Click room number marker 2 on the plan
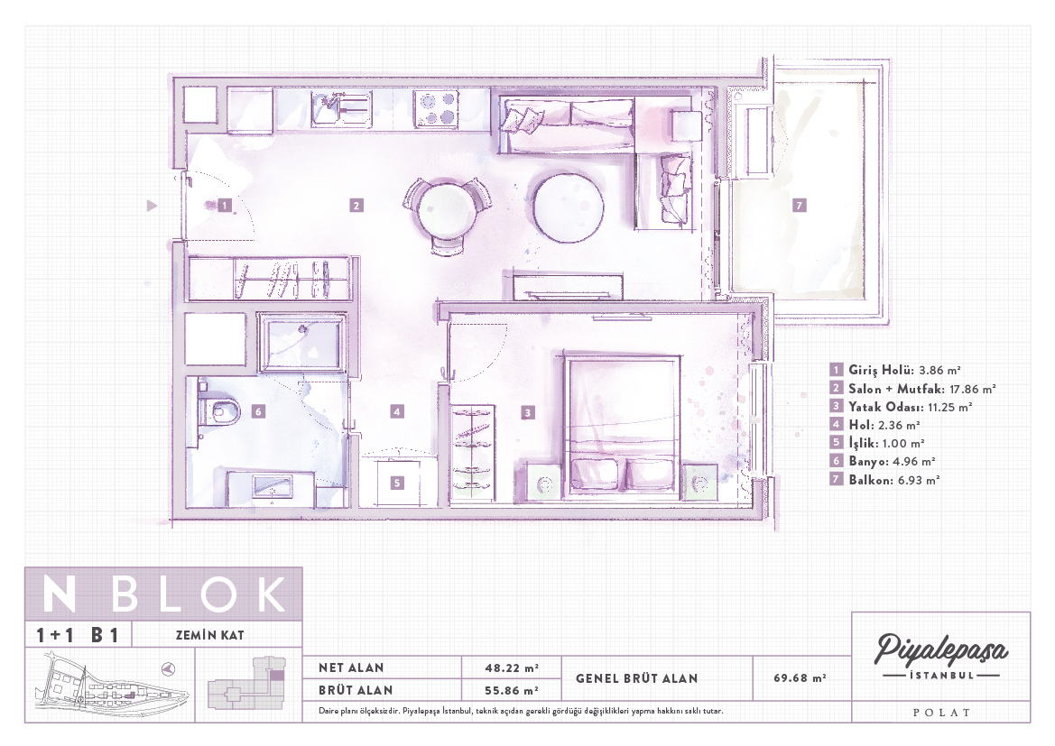click(356, 205)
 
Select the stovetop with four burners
click(437, 109)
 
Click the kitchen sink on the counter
click(340, 109)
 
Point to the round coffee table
click(568, 207)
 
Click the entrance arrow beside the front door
click(152, 205)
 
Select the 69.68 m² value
click(800, 678)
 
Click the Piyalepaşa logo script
click(940, 649)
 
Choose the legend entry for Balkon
click(885, 480)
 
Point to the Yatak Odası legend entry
click(902, 406)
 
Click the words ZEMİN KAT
click(210, 635)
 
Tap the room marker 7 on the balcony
click(800, 205)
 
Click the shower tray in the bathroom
click(303, 343)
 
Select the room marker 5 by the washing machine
click(398, 483)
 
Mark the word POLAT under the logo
click(941, 713)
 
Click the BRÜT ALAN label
click(356, 690)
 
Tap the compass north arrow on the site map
click(169, 668)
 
